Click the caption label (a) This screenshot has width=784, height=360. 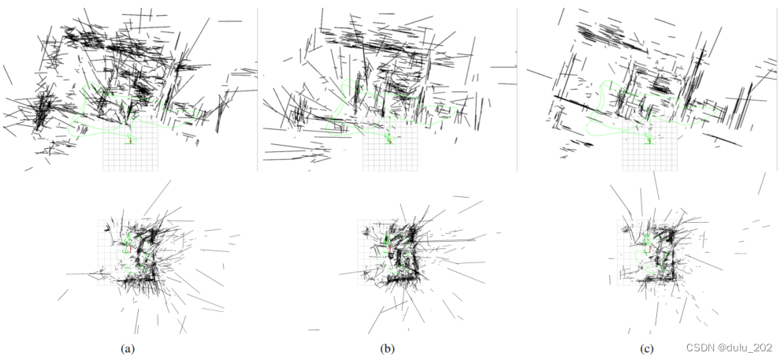[x=125, y=347]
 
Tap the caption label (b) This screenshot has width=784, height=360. [x=386, y=347]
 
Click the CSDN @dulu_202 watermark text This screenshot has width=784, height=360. [x=730, y=347]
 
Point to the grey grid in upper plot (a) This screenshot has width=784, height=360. [x=131, y=158]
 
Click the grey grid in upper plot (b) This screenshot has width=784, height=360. [x=389, y=158]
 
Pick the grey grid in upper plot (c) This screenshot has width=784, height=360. [x=649, y=158]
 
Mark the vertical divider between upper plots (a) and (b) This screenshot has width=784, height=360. [x=258, y=87]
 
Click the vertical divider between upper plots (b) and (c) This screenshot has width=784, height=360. [x=517, y=87]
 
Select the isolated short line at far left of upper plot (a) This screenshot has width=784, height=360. [x=8, y=74]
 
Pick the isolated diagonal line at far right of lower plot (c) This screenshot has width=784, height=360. [x=761, y=183]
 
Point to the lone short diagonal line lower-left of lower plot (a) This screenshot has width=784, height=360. [x=62, y=295]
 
